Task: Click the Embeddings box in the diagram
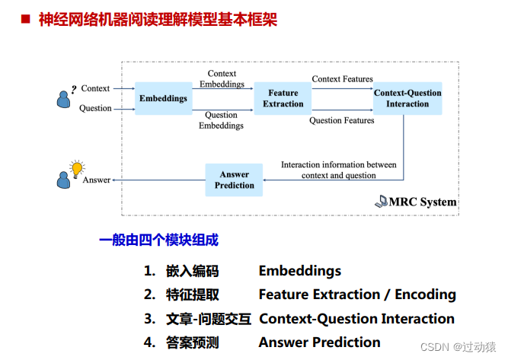click(x=163, y=98)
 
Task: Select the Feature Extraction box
click(x=283, y=98)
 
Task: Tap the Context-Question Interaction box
click(x=407, y=98)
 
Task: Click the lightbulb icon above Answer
click(x=76, y=168)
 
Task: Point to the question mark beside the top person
click(x=74, y=88)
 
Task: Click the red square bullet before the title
click(x=24, y=19)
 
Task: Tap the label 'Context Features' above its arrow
click(x=342, y=79)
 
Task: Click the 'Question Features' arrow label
click(x=342, y=120)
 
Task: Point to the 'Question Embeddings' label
click(x=222, y=120)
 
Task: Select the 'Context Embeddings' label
click(x=222, y=78)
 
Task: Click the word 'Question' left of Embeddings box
click(x=96, y=108)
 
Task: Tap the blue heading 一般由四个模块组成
click(x=158, y=241)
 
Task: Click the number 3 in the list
click(x=149, y=319)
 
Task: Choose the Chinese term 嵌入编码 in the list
click(x=192, y=271)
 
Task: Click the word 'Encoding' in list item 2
click(x=423, y=295)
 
